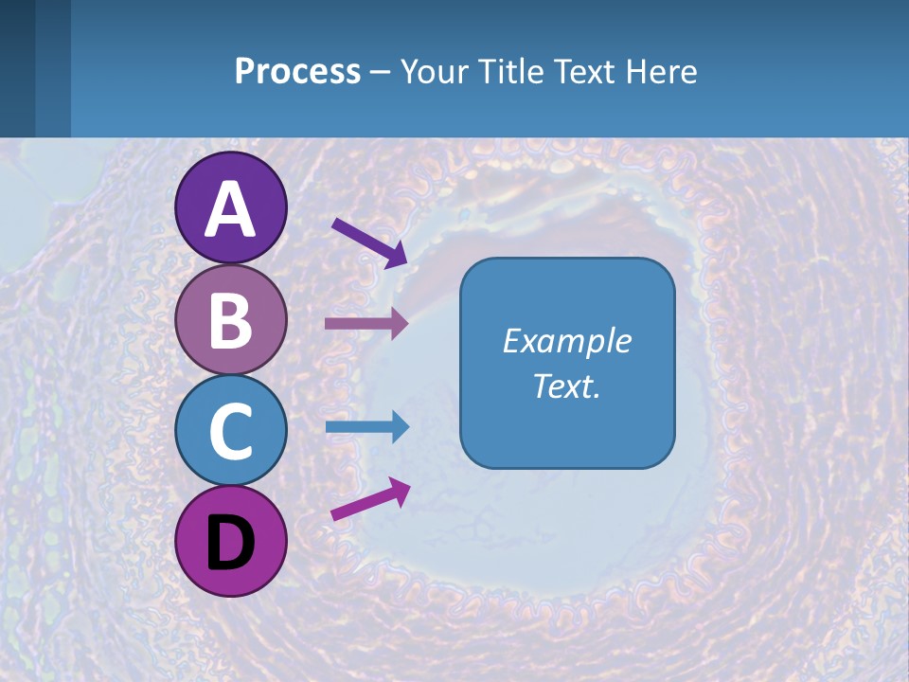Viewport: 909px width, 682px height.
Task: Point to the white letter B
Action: point(230,319)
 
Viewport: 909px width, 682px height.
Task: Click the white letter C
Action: point(230,431)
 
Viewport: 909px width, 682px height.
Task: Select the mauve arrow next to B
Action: point(366,324)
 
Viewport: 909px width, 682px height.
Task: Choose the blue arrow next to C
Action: point(366,427)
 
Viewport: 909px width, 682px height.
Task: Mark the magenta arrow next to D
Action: point(370,499)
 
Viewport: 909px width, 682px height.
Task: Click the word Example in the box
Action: point(567,341)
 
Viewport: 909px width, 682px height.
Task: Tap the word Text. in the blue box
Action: point(567,386)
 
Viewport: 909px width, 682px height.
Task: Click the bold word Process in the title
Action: point(297,71)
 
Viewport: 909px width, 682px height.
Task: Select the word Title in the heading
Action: point(508,71)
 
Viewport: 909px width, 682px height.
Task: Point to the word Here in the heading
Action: point(662,71)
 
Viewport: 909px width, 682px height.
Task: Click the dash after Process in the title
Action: point(380,72)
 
